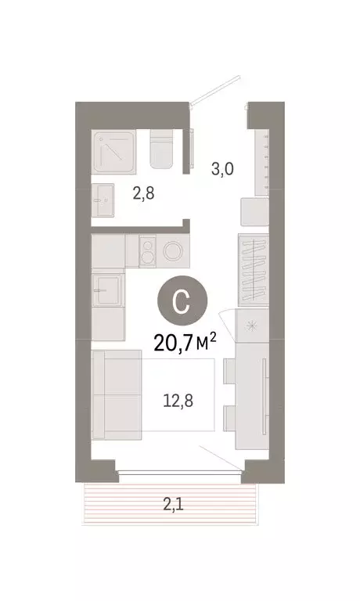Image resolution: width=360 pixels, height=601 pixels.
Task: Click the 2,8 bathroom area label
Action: (142, 193)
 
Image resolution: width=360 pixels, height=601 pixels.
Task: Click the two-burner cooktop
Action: (145, 251)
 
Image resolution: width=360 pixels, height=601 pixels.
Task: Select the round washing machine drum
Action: (175, 251)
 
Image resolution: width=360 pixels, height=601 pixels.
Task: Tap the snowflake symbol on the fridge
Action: (253, 327)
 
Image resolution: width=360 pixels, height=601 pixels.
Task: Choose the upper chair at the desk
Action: (229, 372)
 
